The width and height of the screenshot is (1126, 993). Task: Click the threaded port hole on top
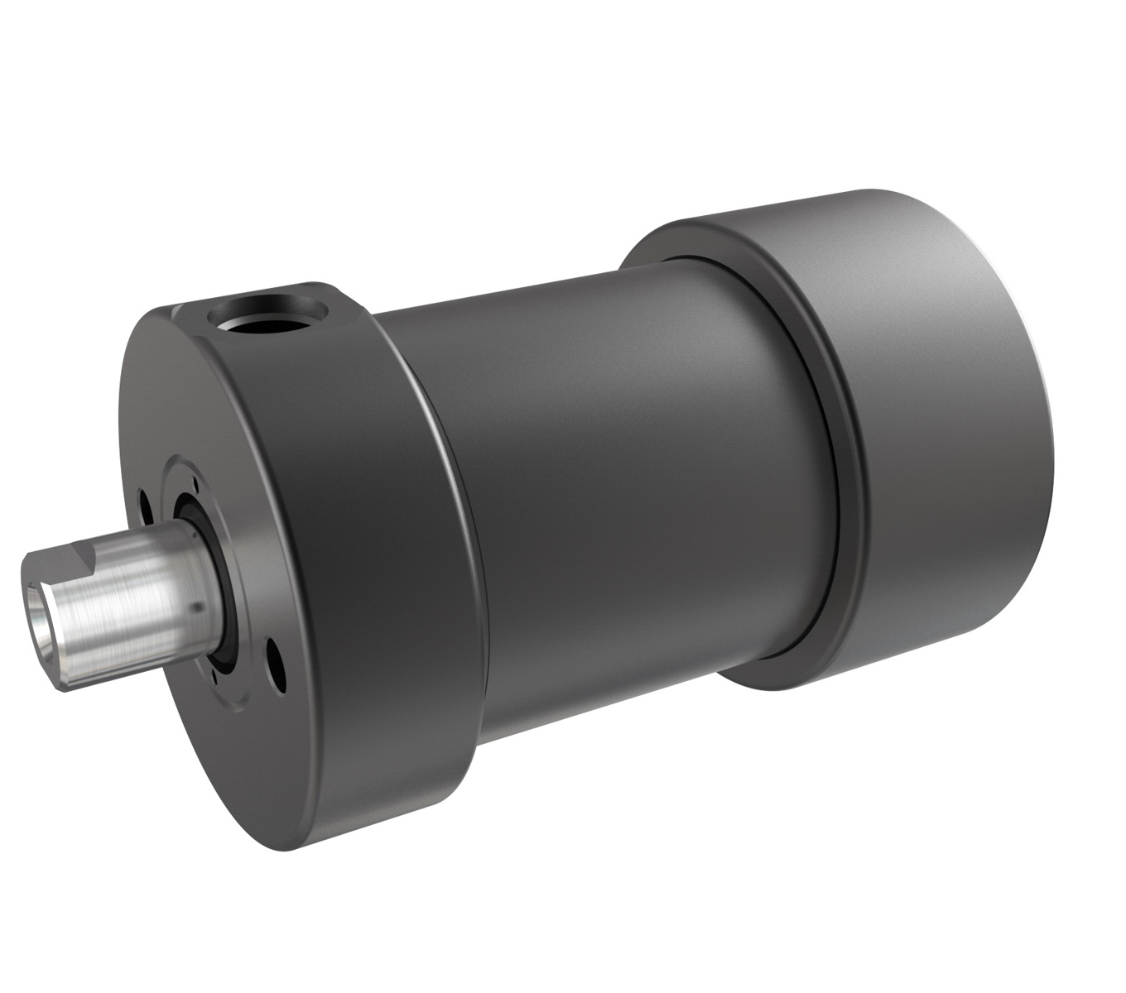(x=267, y=315)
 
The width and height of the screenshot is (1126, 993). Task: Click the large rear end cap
(x=936, y=414)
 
